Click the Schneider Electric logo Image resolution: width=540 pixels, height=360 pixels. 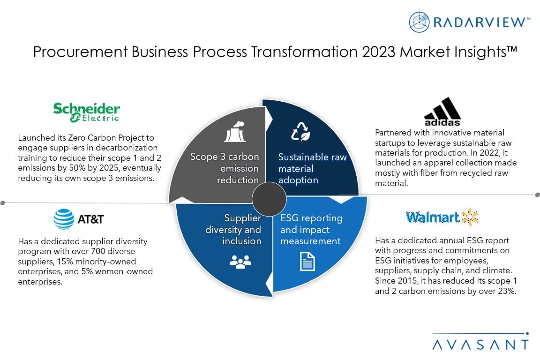[x=86, y=112]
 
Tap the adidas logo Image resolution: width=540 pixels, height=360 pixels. [x=442, y=112]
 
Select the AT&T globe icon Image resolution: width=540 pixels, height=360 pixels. [x=64, y=219]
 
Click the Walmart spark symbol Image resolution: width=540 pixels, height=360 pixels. [x=470, y=217]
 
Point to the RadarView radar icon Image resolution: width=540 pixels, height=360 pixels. [x=419, y=22]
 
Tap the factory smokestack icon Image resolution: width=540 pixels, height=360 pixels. [x=235, y=132]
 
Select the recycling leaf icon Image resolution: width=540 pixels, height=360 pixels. [x=300, y=131]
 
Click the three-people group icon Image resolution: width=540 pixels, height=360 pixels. [x=240, y=262]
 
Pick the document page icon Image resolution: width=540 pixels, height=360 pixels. [x=307, y=262]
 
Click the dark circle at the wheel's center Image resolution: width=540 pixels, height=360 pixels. [x=269, y=199]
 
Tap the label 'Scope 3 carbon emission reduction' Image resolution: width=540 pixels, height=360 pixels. [x=225, y=168]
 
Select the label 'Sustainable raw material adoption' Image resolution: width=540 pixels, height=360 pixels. [x=312, y=168]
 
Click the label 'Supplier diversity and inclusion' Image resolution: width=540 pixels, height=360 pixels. [x=233, y=229]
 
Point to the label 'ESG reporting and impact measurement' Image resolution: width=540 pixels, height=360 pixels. [x=312, y=229]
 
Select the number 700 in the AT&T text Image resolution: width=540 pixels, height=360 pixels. [x=98, y=251]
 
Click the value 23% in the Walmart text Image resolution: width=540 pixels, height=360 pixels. [x=507, y=291]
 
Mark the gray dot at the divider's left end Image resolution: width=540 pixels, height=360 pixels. [x=3, y=203]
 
